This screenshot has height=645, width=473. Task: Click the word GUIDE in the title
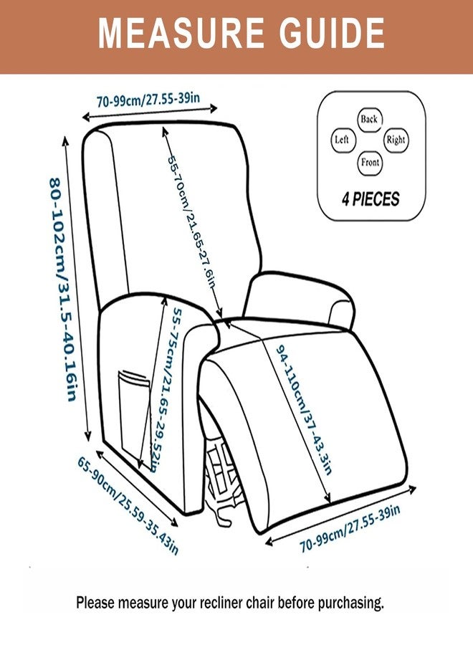[322, 33]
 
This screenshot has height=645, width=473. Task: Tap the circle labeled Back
[369, 119]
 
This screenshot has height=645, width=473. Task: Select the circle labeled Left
[342, 140]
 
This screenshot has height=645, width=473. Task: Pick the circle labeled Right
[396, 140]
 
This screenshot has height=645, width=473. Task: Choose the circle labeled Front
[370, 162]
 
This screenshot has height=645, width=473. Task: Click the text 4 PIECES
[370, 199]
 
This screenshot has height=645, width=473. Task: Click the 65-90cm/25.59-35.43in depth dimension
[128, 505]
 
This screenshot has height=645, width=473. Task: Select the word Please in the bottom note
[95, 603]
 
